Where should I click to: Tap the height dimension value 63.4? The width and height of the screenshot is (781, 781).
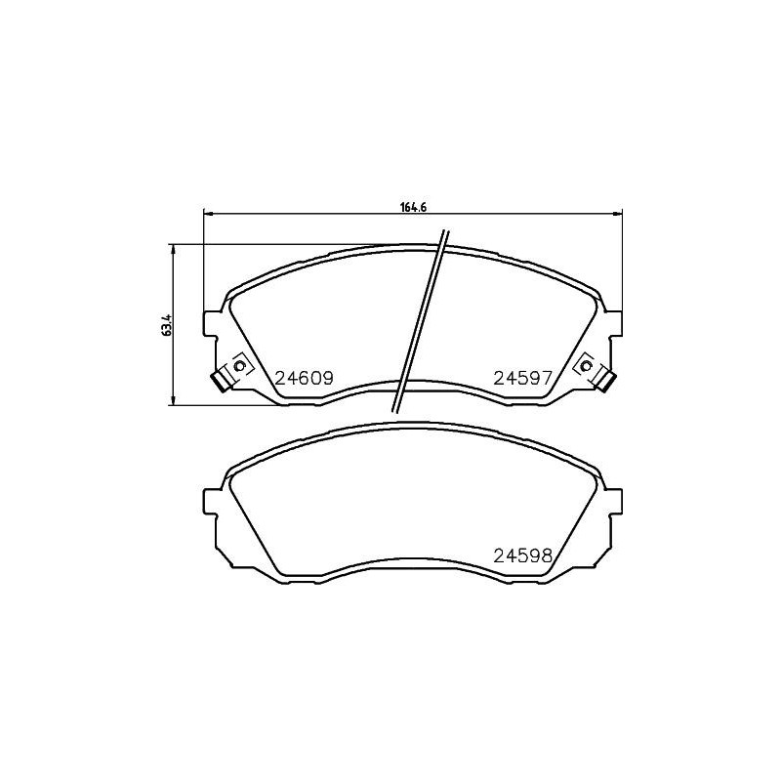(167, 324)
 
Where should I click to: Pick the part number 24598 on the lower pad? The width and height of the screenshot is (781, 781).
(523, 556)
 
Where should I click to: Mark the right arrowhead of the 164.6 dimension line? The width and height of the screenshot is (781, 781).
(617, 213)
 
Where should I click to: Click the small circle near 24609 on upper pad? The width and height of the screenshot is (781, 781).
(235, 365)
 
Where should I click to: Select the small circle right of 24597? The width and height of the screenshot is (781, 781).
(586, 365)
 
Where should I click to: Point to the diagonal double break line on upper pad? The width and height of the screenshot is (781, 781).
(420, 322)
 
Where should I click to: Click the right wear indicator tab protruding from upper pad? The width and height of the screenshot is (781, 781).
(605, 381)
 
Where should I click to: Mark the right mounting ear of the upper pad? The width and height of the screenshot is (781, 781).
(612, 324)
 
